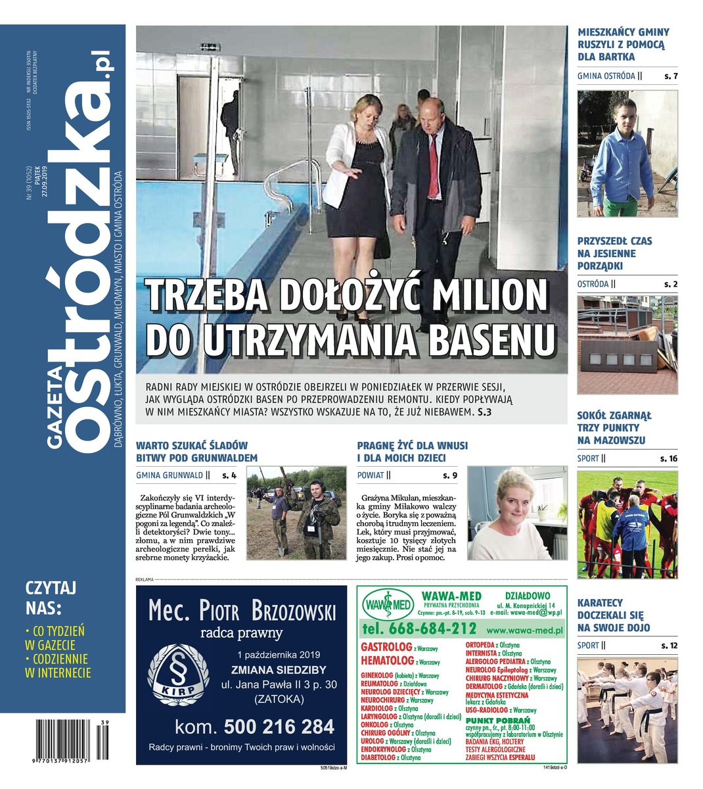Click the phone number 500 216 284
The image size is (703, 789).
tap(279, 727)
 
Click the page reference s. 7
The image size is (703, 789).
tap(670, 76)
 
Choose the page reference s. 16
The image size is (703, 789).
tap(669, 458)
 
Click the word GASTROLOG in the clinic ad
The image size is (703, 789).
tap(386, 647)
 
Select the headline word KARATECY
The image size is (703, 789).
tap(600, 602)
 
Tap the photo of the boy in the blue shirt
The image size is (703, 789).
tap(627, 153)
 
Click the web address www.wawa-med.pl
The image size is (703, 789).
tap(525, 630)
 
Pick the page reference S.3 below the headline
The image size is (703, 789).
tap(484, 413)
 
